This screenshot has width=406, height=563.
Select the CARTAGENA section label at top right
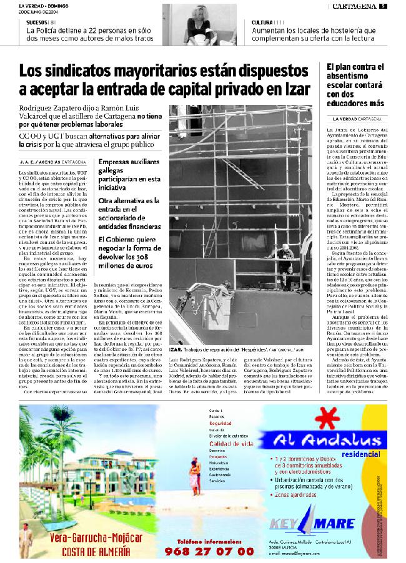[354, 6]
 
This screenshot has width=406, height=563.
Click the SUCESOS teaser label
[37, 22]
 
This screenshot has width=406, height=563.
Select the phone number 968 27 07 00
[209, 551]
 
